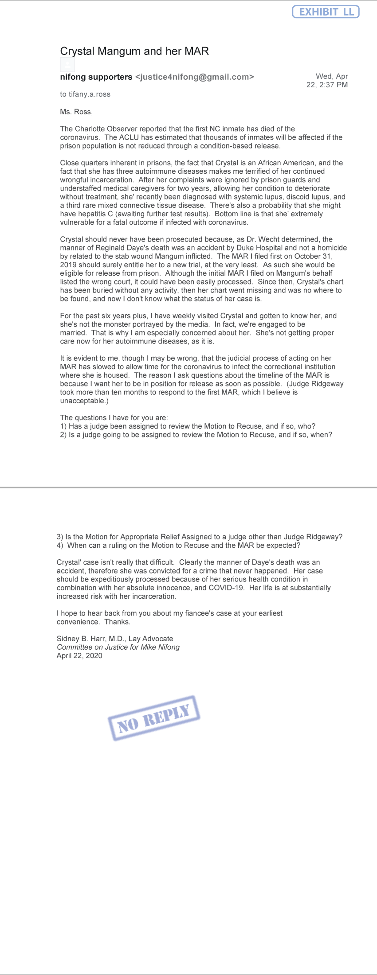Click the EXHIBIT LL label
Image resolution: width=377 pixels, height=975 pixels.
[326, 12]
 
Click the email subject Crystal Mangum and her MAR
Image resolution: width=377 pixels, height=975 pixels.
[134, 51]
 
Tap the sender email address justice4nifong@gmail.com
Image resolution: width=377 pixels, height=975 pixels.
[194, 77]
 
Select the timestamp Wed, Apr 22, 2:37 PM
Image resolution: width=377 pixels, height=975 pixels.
[327, 81]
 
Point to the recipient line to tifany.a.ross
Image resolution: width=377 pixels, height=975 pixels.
[85, 94]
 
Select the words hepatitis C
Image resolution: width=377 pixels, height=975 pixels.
[92, 214]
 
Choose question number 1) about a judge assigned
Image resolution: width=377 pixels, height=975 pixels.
[188, 426]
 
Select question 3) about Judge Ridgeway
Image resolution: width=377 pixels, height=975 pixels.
[200, 537]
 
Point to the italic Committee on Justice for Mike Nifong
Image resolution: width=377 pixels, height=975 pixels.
[118, 647]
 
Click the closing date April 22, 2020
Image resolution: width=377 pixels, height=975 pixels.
[79, 656]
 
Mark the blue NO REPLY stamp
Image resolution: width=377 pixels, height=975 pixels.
[153, 718]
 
